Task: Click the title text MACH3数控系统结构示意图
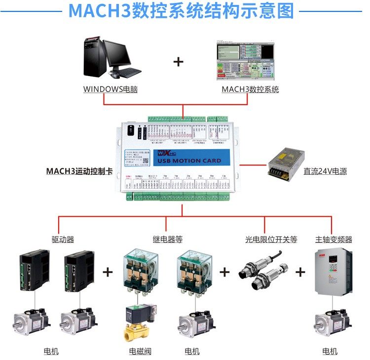coord(185,11)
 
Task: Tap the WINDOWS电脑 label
coord(104,89)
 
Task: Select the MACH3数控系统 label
coord(250,89)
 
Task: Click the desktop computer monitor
coord(117,54)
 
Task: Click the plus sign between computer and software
coord(178,62)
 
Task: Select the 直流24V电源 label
coord(325,172)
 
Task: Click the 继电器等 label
coord(167,239)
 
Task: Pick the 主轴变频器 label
coord(334,239)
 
